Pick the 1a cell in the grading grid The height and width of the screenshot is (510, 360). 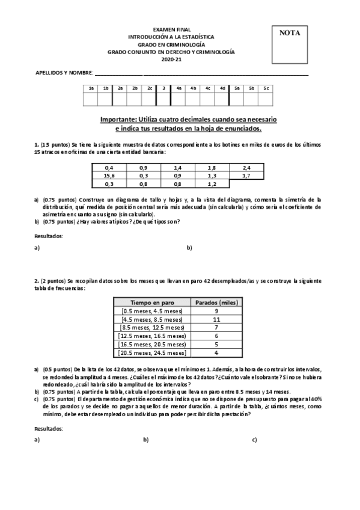pyautogui.click(x=91, y=88)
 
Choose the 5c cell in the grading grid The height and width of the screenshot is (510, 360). pyautogui.click(x=266, y=88)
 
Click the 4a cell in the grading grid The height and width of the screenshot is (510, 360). pyautogui.click(x=178, y=88)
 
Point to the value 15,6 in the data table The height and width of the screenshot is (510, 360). pyautogui.click(x=109, y=176)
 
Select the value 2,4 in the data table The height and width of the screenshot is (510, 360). pyautogui.click(x=246, y=168)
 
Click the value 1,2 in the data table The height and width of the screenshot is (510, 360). pyautogui.click(x=212, y=183)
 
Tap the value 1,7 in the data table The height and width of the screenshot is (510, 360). pyautogui.click(x=246, y=176)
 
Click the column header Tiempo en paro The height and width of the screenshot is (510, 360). pyautogui.click(x=151, y=302)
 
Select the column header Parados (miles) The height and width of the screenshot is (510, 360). pyautogui.click(x=215, y=302)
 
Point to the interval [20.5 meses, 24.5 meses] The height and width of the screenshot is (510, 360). pyautogui.click(x=152, y=353)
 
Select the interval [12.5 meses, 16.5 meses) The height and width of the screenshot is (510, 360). pyautogui.click(x=151, y=336)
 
